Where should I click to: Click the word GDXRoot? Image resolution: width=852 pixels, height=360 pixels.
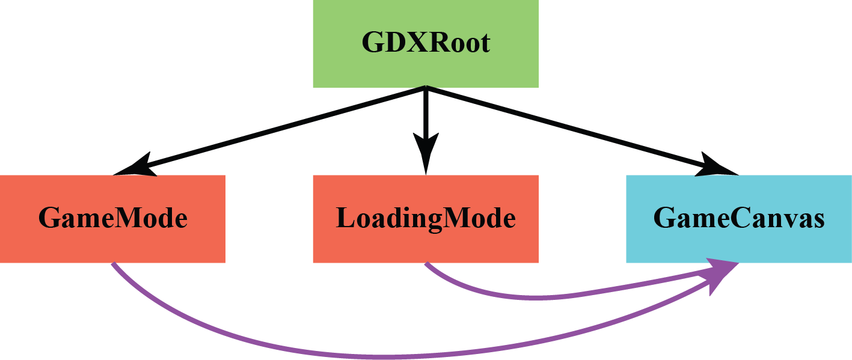pos(426,44)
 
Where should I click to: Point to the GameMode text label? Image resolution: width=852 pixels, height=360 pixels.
pos(113,218)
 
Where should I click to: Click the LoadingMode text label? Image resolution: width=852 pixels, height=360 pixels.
pos(426,218)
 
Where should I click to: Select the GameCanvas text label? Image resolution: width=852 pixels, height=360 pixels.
pos(739,218)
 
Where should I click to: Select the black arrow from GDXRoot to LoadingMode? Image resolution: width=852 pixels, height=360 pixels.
pos(426,114)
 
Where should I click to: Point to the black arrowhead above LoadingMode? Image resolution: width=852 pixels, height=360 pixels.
pos(426,153)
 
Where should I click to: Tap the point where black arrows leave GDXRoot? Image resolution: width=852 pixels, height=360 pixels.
pos(426,89)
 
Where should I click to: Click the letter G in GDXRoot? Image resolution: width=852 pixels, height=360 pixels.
pos(373,44)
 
